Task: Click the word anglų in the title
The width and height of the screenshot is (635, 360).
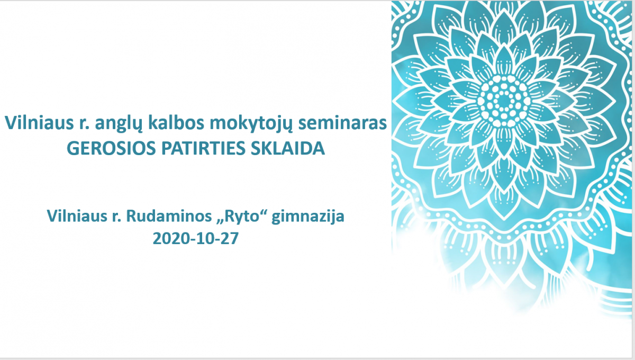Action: [118, 124]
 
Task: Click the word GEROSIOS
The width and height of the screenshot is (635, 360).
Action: [112, 148]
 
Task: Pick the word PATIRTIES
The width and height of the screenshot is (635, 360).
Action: [203, 148]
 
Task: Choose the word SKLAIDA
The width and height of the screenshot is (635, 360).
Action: [288, 148]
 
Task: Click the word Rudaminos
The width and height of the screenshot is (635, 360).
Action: [169, 216]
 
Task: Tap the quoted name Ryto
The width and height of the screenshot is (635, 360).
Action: [242, 217]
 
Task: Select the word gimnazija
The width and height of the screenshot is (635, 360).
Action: [308, 217]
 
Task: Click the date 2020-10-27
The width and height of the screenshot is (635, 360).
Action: [196, 238]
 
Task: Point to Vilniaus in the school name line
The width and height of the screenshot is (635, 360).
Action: [77, 216]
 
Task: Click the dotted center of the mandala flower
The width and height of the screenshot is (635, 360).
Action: [504, 101]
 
